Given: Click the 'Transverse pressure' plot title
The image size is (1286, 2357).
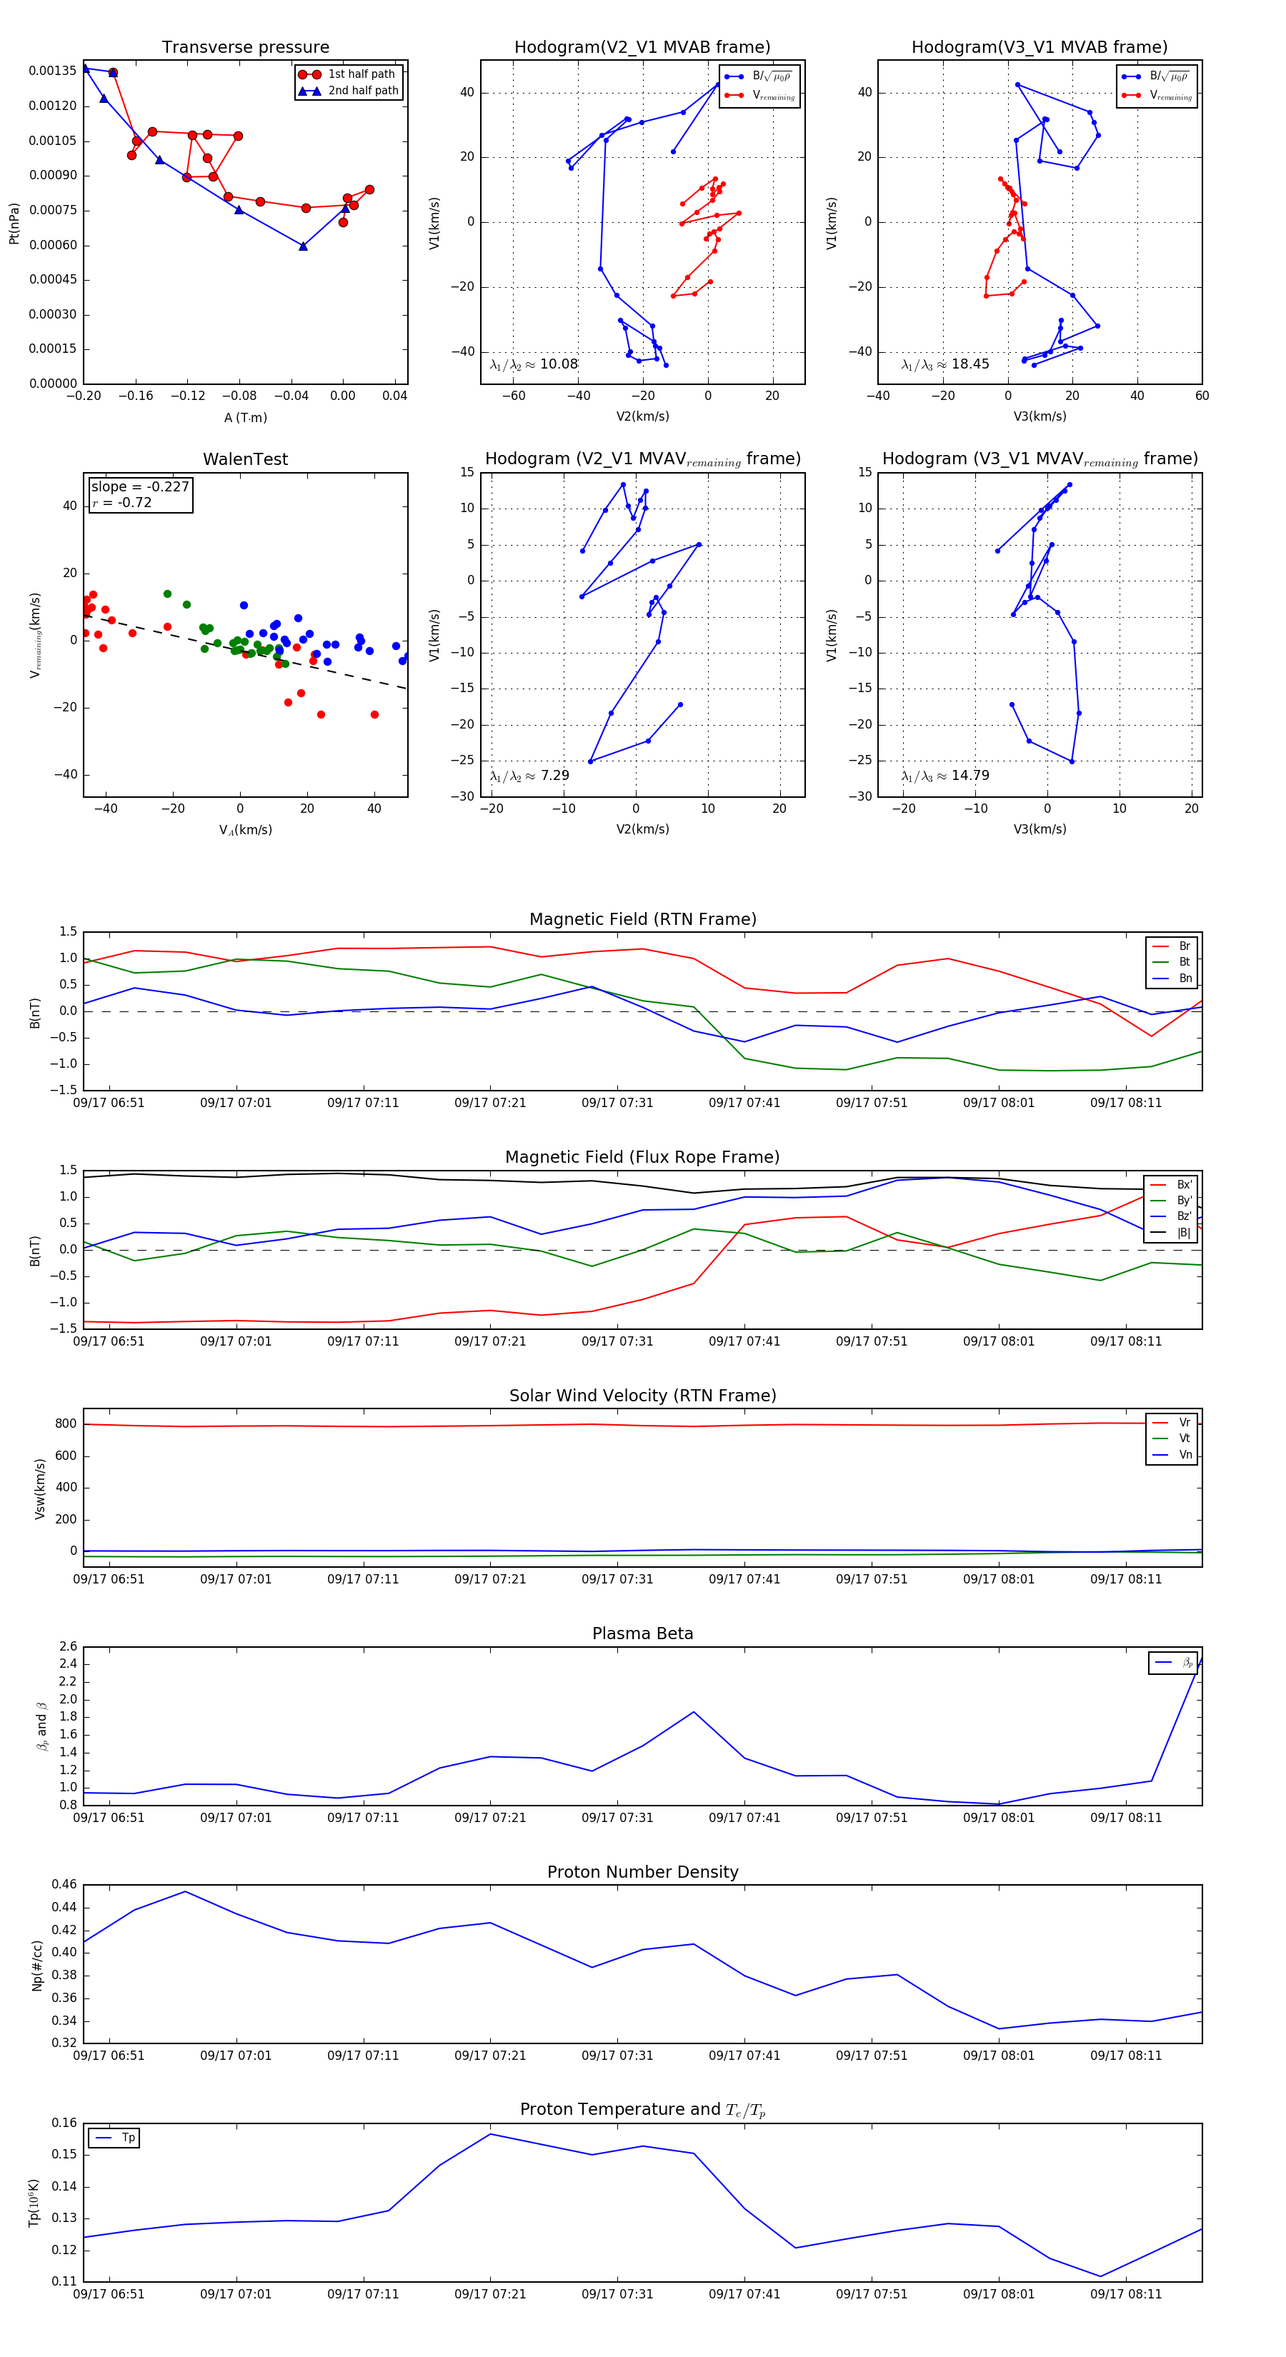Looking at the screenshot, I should point(245,48).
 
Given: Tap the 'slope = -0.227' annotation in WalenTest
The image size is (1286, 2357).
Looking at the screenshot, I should point(140,487).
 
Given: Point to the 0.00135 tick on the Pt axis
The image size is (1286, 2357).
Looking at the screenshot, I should point(52,71).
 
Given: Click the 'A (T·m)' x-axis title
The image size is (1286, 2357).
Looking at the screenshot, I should point(245,417).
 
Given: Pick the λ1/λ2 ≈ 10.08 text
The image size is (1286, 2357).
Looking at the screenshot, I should point(534,364).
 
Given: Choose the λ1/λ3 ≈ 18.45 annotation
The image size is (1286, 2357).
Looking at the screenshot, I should point(944,364).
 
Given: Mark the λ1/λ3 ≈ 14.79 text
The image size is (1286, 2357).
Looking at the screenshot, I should point(944,776).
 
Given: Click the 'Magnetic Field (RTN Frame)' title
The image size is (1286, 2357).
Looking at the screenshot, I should point(642,919).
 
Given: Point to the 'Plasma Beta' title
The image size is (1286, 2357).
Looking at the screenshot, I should point(642,1633).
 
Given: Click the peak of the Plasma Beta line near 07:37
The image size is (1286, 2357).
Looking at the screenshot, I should point(694,1712).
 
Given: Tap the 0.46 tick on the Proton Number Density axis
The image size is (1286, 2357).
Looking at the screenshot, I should point(64,1884).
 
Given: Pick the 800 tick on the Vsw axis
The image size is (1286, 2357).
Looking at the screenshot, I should point(66,1423).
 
